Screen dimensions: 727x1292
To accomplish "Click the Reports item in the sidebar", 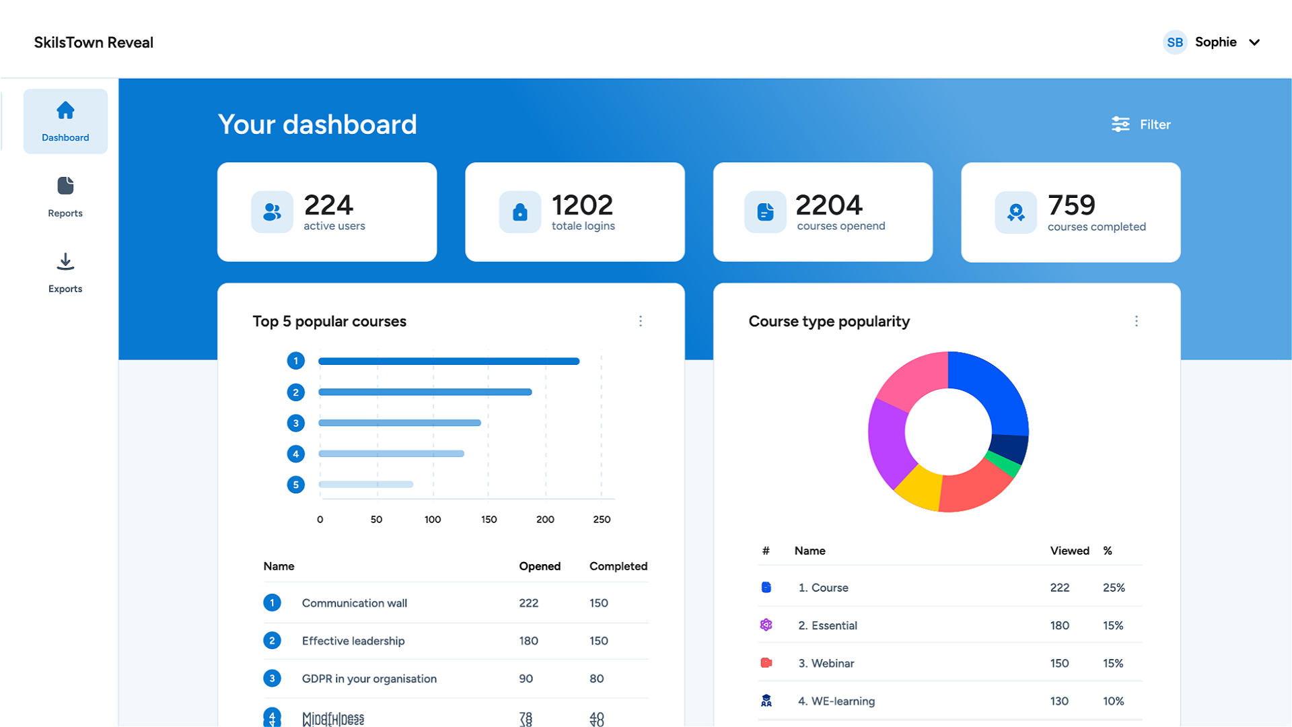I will tap(65, 197).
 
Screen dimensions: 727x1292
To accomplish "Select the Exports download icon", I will tap(65, 262).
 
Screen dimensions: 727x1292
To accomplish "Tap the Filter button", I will tap(1141, 125).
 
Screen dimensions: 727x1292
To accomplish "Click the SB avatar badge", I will tap(1175, 42).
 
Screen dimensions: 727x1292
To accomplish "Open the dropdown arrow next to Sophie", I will tap(1254, 42).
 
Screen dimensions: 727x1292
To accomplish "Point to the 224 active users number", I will tap(328, 205).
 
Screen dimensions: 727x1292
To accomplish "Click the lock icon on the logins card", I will tap(519, 212).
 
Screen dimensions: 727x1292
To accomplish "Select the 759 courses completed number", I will tap(1071, 205).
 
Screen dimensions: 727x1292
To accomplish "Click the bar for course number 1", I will tap(449, 361).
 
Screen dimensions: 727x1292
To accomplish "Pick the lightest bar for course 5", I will tap(365, 485).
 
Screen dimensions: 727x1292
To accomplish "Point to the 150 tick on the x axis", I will tap(489, 520).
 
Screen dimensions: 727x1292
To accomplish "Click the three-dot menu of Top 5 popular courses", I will tap(641, 321).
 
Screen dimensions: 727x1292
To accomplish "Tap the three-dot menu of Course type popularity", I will tap(1137, 321).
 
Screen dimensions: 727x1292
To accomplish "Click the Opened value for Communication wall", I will tap(529, 603).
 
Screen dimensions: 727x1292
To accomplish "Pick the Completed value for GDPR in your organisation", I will tap(597, 679).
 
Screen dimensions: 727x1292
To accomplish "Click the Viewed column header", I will tap(1069, 551).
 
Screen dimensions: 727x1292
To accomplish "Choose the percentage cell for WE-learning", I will tap(1113, 701).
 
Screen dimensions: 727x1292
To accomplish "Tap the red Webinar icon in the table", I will tap(766, 663).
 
